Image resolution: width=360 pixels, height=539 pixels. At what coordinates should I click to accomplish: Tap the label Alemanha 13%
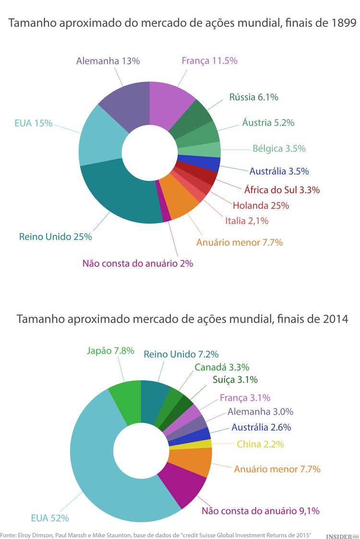[x=108, y=61]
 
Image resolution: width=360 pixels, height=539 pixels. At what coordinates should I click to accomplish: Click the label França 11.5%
[x=209, y=61]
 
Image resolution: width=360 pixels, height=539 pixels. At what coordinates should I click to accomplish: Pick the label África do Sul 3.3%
[x=275, y=190]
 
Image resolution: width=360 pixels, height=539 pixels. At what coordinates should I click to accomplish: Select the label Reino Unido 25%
[x=55, y=237]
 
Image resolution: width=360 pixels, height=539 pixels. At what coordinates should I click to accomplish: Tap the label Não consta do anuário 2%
[x=138, y=263]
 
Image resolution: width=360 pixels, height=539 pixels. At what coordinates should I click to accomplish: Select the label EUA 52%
[x=50, y=518]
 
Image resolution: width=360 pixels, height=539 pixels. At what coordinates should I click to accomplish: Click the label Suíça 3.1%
[x=235, y=380]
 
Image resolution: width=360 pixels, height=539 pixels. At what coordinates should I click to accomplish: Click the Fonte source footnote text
[x=156, y=535]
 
